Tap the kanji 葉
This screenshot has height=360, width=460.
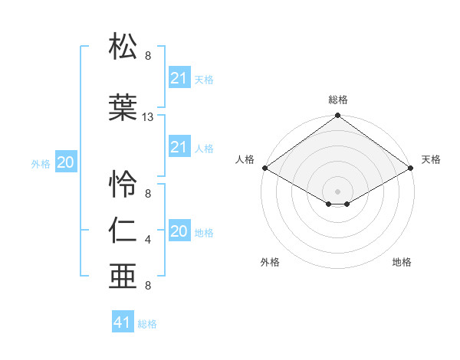123,107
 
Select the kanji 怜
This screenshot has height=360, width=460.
123,184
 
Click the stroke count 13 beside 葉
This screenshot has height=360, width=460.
148,117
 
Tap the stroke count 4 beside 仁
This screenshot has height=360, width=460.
148,240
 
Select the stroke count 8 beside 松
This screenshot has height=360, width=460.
148,56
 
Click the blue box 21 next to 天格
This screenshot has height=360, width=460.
179,78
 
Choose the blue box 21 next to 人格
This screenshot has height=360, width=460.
179,147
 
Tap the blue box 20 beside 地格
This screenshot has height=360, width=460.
179,231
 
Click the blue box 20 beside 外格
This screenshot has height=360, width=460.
66,162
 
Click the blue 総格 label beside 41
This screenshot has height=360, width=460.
147,324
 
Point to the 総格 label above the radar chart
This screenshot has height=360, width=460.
338,100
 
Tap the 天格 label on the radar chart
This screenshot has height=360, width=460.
431,159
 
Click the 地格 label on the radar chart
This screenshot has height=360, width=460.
402,262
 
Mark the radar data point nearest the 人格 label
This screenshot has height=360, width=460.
264,168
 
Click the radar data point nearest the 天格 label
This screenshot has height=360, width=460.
412,168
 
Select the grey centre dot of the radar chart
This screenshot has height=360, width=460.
337,191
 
